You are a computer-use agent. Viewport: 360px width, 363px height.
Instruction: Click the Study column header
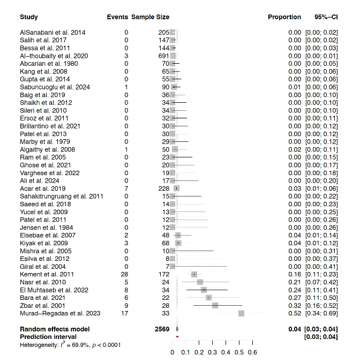click(29, 17)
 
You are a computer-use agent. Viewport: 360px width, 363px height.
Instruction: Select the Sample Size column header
click(150, 17)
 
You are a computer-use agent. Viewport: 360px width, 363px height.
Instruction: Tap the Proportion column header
click(284, 17)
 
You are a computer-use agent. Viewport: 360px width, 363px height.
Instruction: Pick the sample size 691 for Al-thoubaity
click(163, 56)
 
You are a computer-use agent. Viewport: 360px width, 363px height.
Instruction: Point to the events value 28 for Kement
click(125, 274)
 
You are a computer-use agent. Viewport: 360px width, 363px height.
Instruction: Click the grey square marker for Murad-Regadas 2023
click(241, 313)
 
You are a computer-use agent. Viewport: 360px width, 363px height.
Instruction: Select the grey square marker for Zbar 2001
click(215, 305)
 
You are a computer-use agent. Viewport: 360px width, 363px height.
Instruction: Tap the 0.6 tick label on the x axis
click(252, 352)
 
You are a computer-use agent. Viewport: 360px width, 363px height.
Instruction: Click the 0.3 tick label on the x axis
click(212, 352)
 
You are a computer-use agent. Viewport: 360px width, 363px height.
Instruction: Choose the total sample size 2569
click(162, 329)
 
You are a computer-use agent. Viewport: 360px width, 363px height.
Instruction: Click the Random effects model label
click(55, 329)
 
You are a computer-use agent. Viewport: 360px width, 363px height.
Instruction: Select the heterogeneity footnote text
click(70, 345)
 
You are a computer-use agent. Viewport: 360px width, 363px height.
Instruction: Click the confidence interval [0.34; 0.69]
click(321, 313)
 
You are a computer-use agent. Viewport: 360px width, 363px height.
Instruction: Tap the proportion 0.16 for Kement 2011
click(295, 274)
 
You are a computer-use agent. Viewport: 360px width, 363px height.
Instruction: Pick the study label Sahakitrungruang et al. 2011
click(61, 196)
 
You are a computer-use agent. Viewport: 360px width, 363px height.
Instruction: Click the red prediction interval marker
click(177, 336)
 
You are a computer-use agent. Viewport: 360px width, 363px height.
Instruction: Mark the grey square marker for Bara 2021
click(208, 298)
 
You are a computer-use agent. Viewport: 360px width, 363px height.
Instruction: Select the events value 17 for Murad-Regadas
click(125, 313)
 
